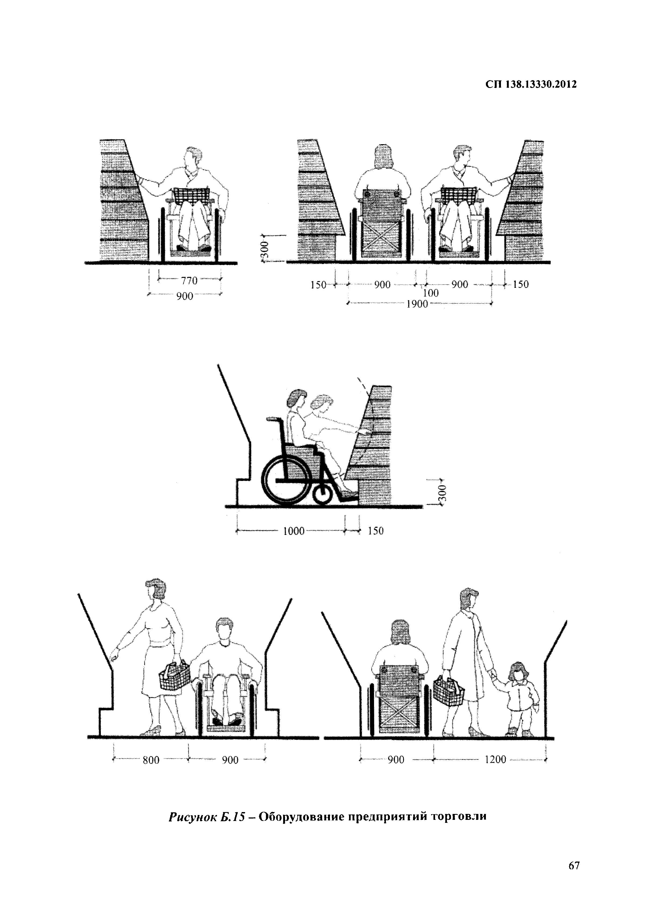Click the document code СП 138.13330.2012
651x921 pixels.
531,85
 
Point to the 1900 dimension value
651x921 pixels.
418,304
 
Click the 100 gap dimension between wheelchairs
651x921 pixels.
431,293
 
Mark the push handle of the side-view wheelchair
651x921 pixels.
273,419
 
